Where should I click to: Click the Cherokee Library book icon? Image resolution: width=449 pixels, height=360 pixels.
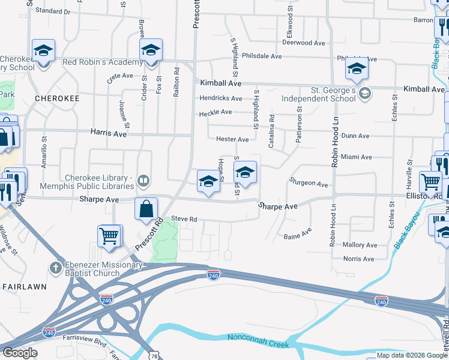[x=143, y=180]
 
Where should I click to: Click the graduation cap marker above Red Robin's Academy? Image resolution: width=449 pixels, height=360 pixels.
[x=151, y=50]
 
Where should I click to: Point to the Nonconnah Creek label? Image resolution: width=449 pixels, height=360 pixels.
[x=258, y=341]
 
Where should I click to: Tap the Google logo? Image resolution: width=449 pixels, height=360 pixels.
[x=20, y=353]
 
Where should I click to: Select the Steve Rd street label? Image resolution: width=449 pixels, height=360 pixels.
[x=184, y=219]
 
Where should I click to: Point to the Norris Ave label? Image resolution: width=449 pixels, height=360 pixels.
[x=359, y=259]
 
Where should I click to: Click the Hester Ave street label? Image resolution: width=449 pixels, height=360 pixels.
[x=232, y=139]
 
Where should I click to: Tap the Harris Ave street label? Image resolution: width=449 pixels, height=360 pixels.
[x=108, y=133]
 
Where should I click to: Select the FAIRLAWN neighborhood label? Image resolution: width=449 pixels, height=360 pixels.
[x=24, y=287]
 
